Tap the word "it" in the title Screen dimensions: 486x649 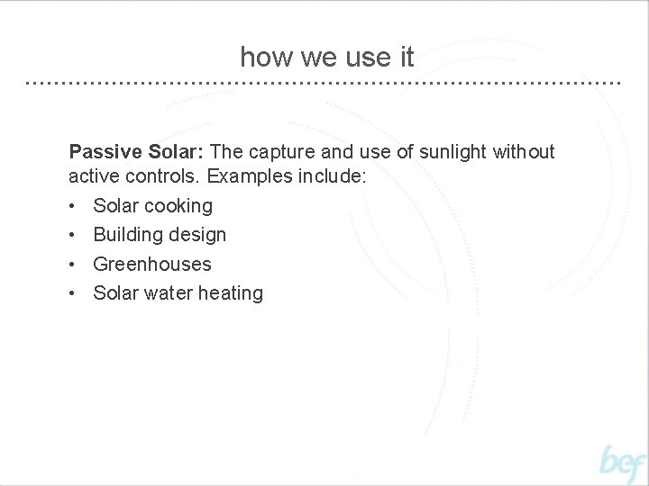pos(406,58)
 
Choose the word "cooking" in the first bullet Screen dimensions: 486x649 pos(179,206)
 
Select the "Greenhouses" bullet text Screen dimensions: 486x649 pos(152,265)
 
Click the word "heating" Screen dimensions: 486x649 pos(231,293)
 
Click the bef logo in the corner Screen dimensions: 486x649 pos(623,463)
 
